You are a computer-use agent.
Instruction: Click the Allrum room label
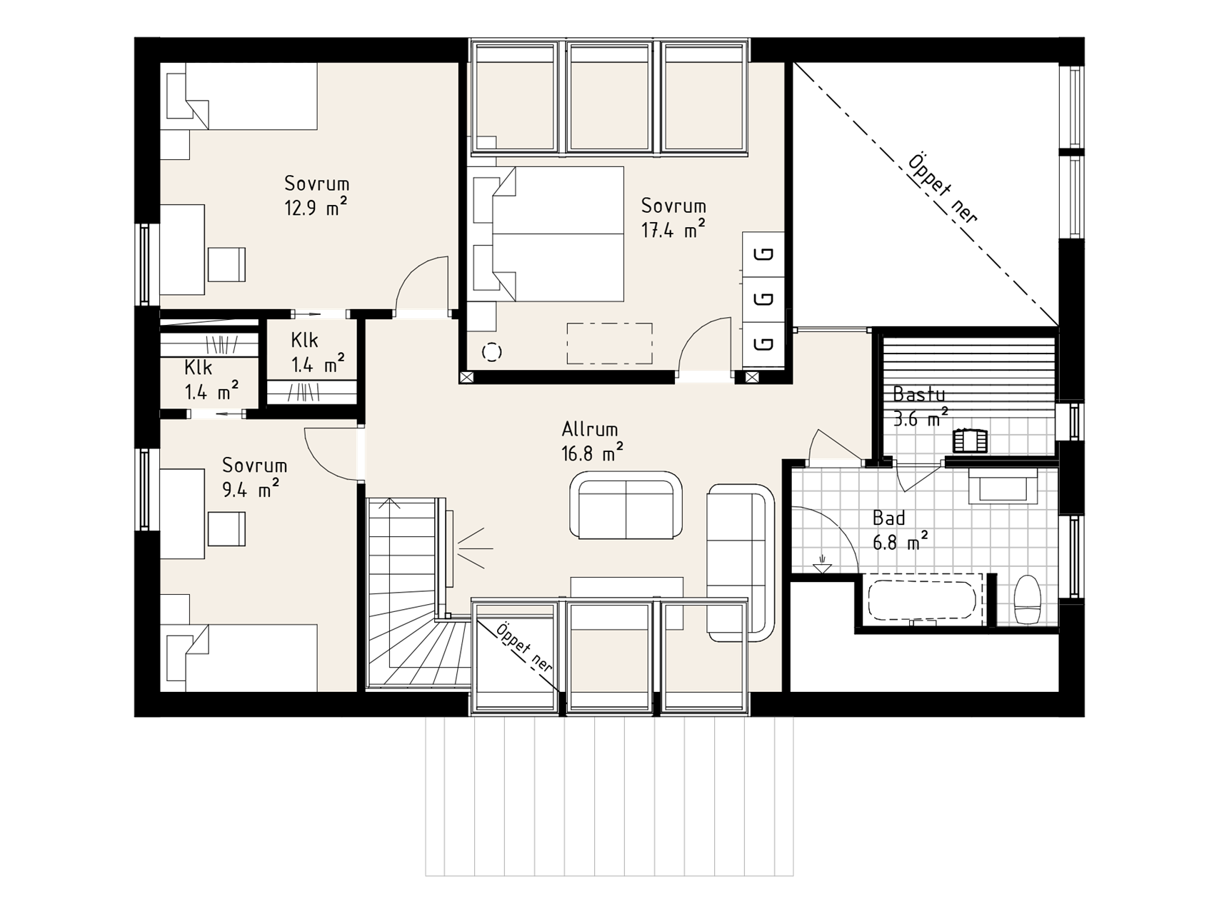click(x=590, y=429)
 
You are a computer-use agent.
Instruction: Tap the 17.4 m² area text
click(x=673, y=230)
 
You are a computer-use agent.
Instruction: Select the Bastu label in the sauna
click(x=919, y=394)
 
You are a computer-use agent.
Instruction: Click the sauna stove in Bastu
click(x=970, y=440)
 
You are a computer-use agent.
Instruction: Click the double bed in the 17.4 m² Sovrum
click(x=548, y=233)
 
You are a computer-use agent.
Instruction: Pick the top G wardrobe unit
click(x=763, y=254)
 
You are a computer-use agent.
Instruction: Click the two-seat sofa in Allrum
click(x=626, y=506)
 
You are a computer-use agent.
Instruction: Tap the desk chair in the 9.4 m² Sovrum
click(x=227, y=529)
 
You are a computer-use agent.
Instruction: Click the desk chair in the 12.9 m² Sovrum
click(x=227, y=264)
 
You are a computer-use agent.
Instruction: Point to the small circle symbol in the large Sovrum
click(x=491, y=352)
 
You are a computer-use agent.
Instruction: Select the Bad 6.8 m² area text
click(x=901, y=542)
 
